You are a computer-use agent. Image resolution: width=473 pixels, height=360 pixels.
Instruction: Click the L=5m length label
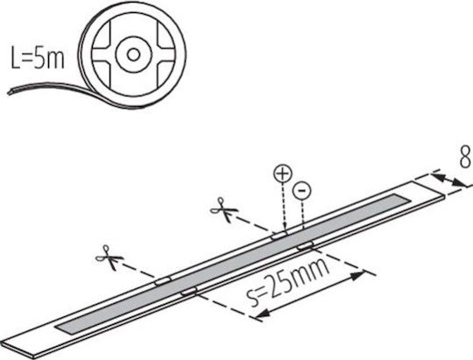point(38,57)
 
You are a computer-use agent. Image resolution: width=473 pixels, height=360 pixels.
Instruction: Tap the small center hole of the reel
point(133,54)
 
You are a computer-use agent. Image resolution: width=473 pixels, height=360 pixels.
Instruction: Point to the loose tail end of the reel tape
point(9,91)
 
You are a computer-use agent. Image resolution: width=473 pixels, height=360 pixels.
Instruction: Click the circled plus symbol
point(283,173)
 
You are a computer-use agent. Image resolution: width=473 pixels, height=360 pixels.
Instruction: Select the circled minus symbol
point(301,191)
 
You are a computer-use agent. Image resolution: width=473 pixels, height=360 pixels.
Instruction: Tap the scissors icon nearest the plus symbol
point(223,209)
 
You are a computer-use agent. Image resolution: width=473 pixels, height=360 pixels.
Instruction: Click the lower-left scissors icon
point(109,258)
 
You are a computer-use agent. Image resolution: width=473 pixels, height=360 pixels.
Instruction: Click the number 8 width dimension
point(465,156)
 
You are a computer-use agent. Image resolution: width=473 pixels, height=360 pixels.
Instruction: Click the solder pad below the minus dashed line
point(306,245)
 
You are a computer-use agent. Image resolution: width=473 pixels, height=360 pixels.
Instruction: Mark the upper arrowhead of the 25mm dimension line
point(358,275)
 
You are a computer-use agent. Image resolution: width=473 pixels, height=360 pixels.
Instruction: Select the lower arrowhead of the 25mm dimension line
point(262,314)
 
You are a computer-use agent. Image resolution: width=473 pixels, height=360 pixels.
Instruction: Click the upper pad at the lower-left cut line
point(163,281)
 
